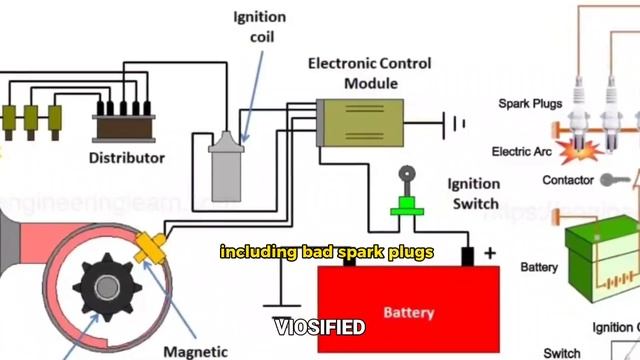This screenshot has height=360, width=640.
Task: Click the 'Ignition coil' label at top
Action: pos(259,27)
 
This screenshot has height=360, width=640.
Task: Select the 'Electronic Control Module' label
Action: pos(369,73)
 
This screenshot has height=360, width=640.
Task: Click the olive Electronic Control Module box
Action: pos(360,123)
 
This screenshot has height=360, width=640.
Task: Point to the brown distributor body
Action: pos(125,127)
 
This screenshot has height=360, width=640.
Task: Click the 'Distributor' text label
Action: pos(127,158)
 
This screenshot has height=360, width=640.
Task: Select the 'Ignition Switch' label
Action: pos(473,194)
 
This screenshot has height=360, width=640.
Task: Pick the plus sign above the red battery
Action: pos(490,254)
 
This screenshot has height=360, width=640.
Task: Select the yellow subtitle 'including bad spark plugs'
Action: pos(326,253)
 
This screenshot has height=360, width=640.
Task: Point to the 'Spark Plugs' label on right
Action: pos(530,104)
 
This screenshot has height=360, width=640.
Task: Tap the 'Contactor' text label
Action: pos(568,181)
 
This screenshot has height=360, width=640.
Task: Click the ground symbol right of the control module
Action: pos(458,124)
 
